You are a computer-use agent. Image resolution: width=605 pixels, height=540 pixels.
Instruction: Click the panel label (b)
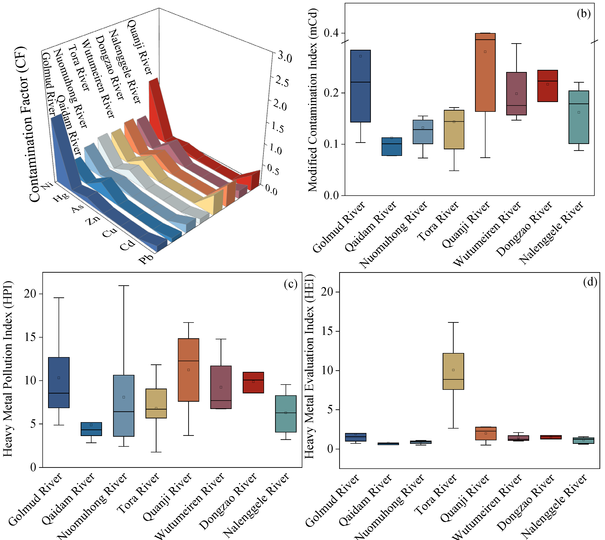[583, 14]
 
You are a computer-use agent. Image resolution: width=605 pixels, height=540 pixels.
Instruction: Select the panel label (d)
[590, 282]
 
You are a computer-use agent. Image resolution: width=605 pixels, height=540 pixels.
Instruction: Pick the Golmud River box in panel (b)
[360, 86]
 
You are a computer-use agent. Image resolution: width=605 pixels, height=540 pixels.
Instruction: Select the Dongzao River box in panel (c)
[253, 383]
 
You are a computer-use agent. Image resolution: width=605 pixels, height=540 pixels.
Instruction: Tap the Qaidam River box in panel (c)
[91, 429]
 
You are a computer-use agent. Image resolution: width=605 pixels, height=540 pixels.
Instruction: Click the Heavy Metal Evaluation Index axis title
[309, 367]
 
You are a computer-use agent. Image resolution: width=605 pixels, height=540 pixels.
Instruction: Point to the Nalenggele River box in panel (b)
[578, 117]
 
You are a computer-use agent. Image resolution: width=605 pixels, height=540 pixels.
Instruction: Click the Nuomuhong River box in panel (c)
[124, 406]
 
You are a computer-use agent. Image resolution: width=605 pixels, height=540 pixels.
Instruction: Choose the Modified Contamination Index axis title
[313, 100]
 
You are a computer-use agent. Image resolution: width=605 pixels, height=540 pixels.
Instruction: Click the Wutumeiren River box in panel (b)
[517, 93]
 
